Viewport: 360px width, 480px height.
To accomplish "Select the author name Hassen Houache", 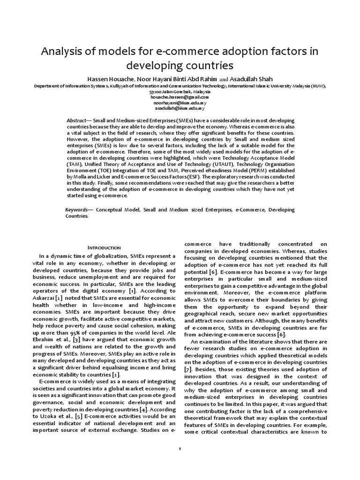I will tap(107, 79).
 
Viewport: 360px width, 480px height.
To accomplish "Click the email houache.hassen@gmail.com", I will tap(180, 97).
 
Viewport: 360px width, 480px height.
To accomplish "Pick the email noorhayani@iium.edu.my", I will tap(180, 103).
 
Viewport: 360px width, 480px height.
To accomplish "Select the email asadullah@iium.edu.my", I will tap(180, 108).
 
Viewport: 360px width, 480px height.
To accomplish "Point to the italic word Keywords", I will tap(77, 210).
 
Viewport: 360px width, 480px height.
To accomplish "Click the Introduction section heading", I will tap(104, 247).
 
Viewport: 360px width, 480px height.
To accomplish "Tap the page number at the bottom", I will tap(180, 448).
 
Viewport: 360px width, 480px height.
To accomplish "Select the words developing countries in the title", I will tap(180, 65).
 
